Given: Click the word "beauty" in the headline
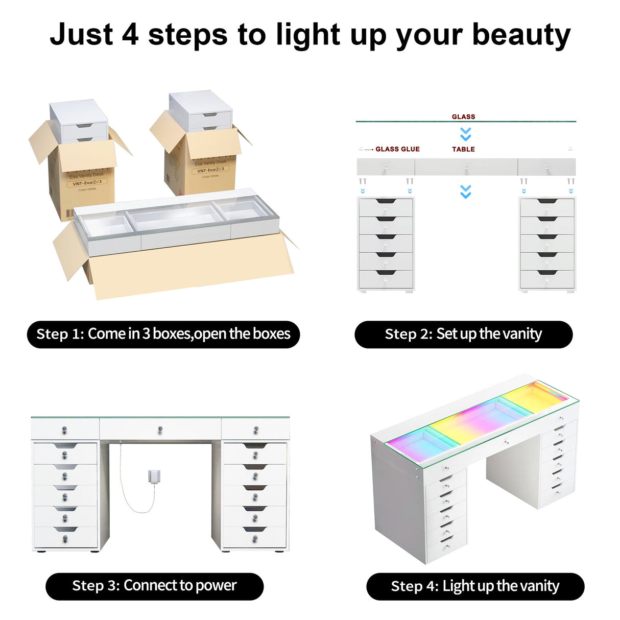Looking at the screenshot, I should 521,36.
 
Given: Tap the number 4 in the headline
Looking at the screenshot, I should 130,35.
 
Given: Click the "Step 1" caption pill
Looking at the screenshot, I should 163,335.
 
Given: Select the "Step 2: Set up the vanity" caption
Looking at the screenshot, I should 463,335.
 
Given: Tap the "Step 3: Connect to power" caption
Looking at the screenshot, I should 154,586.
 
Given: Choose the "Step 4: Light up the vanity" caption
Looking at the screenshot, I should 475,586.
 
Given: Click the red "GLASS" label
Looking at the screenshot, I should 463,116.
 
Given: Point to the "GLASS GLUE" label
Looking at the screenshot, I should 397,149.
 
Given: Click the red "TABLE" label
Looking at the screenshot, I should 463,149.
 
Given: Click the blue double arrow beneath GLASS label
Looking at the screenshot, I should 465,134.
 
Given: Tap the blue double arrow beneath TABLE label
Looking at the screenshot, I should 465,192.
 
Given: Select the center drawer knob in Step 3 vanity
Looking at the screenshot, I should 160,430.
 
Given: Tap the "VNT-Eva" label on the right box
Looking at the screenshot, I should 210,170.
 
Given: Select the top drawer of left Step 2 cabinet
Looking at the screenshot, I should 386,207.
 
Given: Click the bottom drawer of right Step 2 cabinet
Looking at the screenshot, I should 547,279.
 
